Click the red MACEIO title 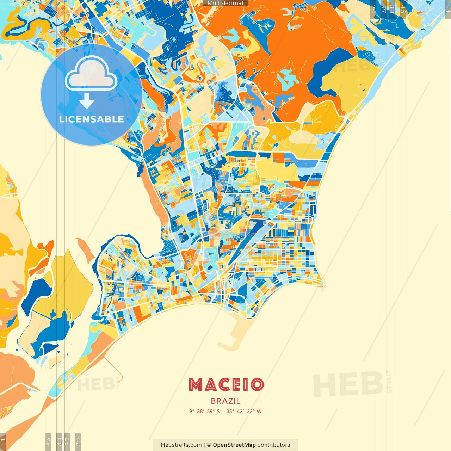pyautogui.click(x=226, y=385)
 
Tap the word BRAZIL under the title pyautogui.click(x=225, y=401)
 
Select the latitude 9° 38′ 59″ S pyautogui.click(x=204, y=411)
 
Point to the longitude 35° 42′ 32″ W pyautogui.click(x=244, y=411)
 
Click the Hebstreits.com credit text pyautogui.click(x=181, y=445)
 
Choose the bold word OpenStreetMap pyautogui.click(x=234, y=445)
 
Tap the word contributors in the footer pyautogui.click(x=274, y=445)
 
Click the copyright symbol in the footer pyautogui.click(x=209, y=445)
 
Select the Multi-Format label pyautogui.click(x=225, y=3)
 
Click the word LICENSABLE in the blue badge pyautogui.click(x=92, y=119)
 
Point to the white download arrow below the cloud pyautogui.click(x=87, y=101)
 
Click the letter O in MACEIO pyautogui.click(x=257, y=385)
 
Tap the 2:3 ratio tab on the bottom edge pyautogui.click(x=78, y=441)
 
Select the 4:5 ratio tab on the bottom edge pyautogui.click(x=48, y=441)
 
